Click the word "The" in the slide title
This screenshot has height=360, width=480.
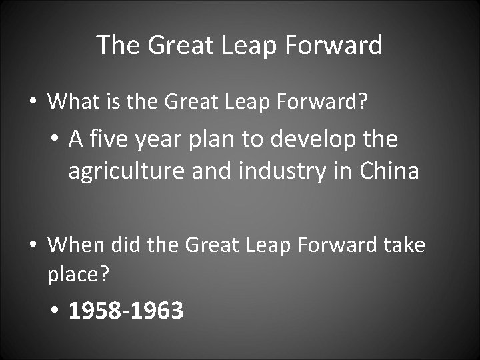click(x=117, y=45)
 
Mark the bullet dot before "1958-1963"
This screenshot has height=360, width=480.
click(x=54, y=311)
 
